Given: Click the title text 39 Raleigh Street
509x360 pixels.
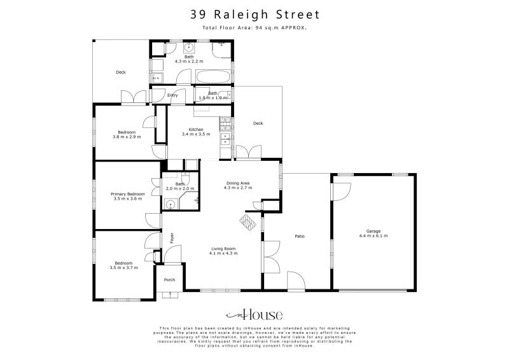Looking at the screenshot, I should (254, 14).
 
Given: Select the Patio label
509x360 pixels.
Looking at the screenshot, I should (299, 237).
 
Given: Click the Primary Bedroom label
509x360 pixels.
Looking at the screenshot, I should (127, 194).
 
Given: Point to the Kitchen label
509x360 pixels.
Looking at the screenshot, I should (196, 130).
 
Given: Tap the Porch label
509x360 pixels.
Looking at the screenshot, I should (169, 280).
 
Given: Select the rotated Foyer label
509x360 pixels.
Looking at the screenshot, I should (172, 238).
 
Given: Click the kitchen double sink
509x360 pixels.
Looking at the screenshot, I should (225, 139).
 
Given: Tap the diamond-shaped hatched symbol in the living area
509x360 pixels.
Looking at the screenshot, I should (246, 220).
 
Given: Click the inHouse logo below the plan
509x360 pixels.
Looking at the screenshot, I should (254, 315).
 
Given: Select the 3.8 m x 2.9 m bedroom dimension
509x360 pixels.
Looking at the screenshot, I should (127, 137).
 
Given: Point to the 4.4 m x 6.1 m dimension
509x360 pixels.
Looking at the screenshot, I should (373, 235).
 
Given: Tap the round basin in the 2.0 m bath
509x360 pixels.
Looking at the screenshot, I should (170, 204).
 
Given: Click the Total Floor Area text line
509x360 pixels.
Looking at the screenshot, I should (254, 29).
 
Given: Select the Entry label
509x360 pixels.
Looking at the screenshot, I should (172, 95).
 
